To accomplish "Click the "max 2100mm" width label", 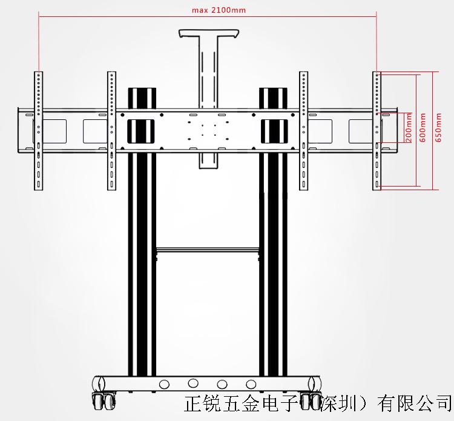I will coord(210,10).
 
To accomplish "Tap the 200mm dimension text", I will coord(409,127).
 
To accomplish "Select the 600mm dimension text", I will coord(423,128).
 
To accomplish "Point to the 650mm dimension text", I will coord(438,128).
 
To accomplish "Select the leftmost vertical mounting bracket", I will coord(38,130).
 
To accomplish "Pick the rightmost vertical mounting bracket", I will coord(377,130).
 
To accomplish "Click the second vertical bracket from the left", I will coord(112,130).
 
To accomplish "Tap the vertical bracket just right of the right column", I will coord(303,130).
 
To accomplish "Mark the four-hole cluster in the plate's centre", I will coord(208,130).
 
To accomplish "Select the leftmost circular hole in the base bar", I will coord(163,384).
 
